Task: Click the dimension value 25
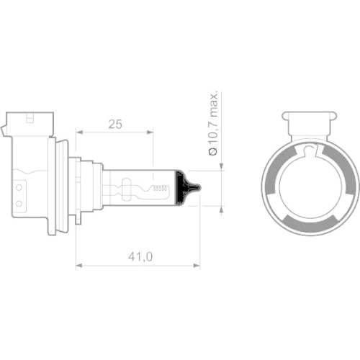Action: pos(114,123)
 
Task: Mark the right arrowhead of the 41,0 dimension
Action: pos(197,265)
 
